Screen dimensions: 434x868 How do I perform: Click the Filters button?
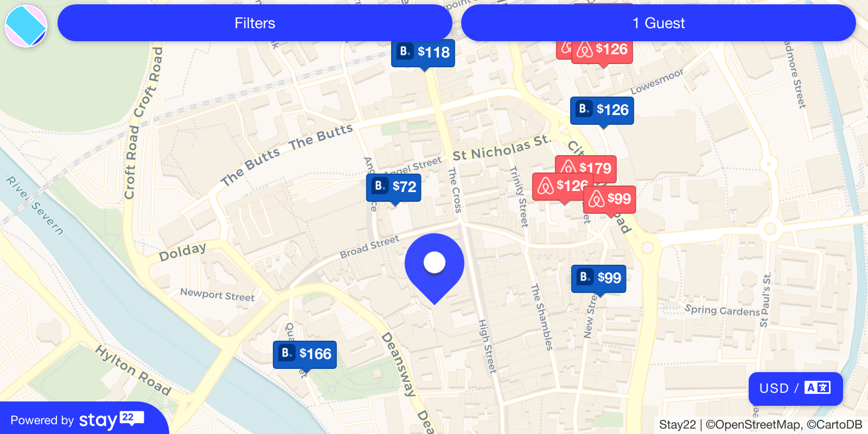point(254,23)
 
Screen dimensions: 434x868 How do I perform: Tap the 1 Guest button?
point(658,23)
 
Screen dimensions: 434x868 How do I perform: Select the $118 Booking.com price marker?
point(423,52)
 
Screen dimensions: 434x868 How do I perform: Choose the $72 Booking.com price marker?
point(394,187)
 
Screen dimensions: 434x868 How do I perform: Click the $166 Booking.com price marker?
point(305,354)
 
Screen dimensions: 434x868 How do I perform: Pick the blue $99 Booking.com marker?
point(598,278)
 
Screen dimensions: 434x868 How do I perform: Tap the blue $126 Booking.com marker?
point(602,110)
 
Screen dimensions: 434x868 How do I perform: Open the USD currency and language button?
point(795,388)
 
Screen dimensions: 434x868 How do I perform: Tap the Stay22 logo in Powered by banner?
point(111,420)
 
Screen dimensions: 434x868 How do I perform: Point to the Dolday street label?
point(182,252)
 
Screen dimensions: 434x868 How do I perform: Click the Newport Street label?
point(217,295)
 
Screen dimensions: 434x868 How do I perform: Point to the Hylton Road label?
point(133,370)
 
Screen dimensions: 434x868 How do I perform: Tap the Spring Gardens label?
point(722,310)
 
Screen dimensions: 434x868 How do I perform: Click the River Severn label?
point(35,205)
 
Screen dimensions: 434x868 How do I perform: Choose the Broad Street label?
point(369,247)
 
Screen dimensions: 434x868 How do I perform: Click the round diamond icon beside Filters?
point(26,25)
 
